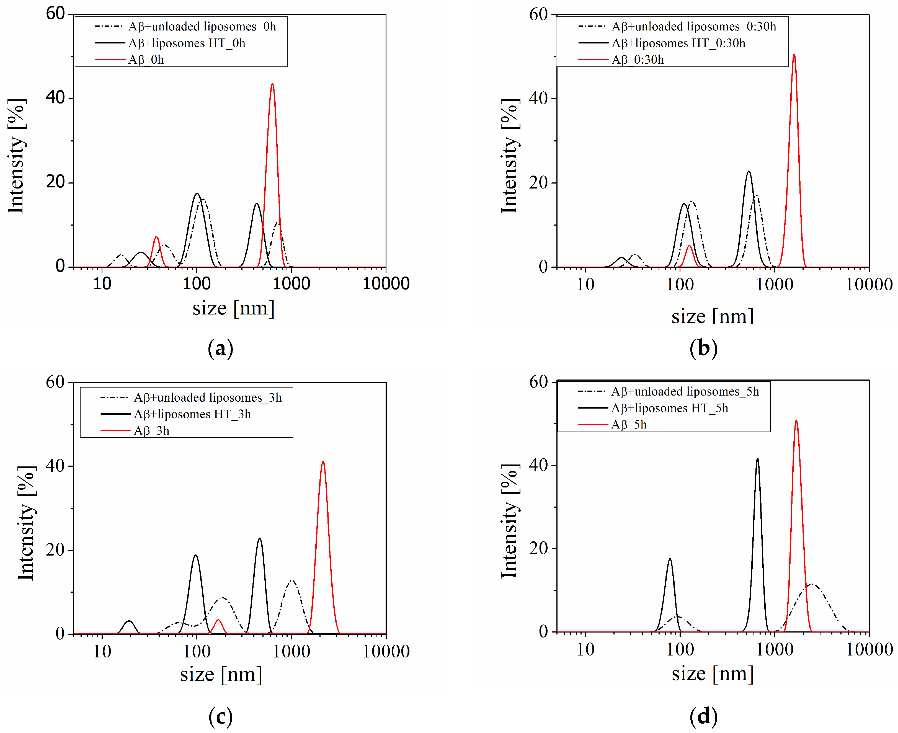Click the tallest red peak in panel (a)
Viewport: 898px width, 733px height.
272,84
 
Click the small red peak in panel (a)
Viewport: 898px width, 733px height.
156,237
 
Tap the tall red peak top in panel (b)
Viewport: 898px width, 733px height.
794,55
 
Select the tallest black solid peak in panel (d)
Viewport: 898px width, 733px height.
757,459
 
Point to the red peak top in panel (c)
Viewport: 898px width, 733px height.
323,462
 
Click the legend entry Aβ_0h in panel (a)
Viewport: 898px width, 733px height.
146,60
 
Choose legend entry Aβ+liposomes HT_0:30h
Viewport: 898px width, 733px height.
678,43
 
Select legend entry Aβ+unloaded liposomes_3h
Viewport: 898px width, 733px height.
207,397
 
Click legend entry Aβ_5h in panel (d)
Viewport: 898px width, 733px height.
629,424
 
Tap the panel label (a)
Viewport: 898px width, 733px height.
220,349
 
